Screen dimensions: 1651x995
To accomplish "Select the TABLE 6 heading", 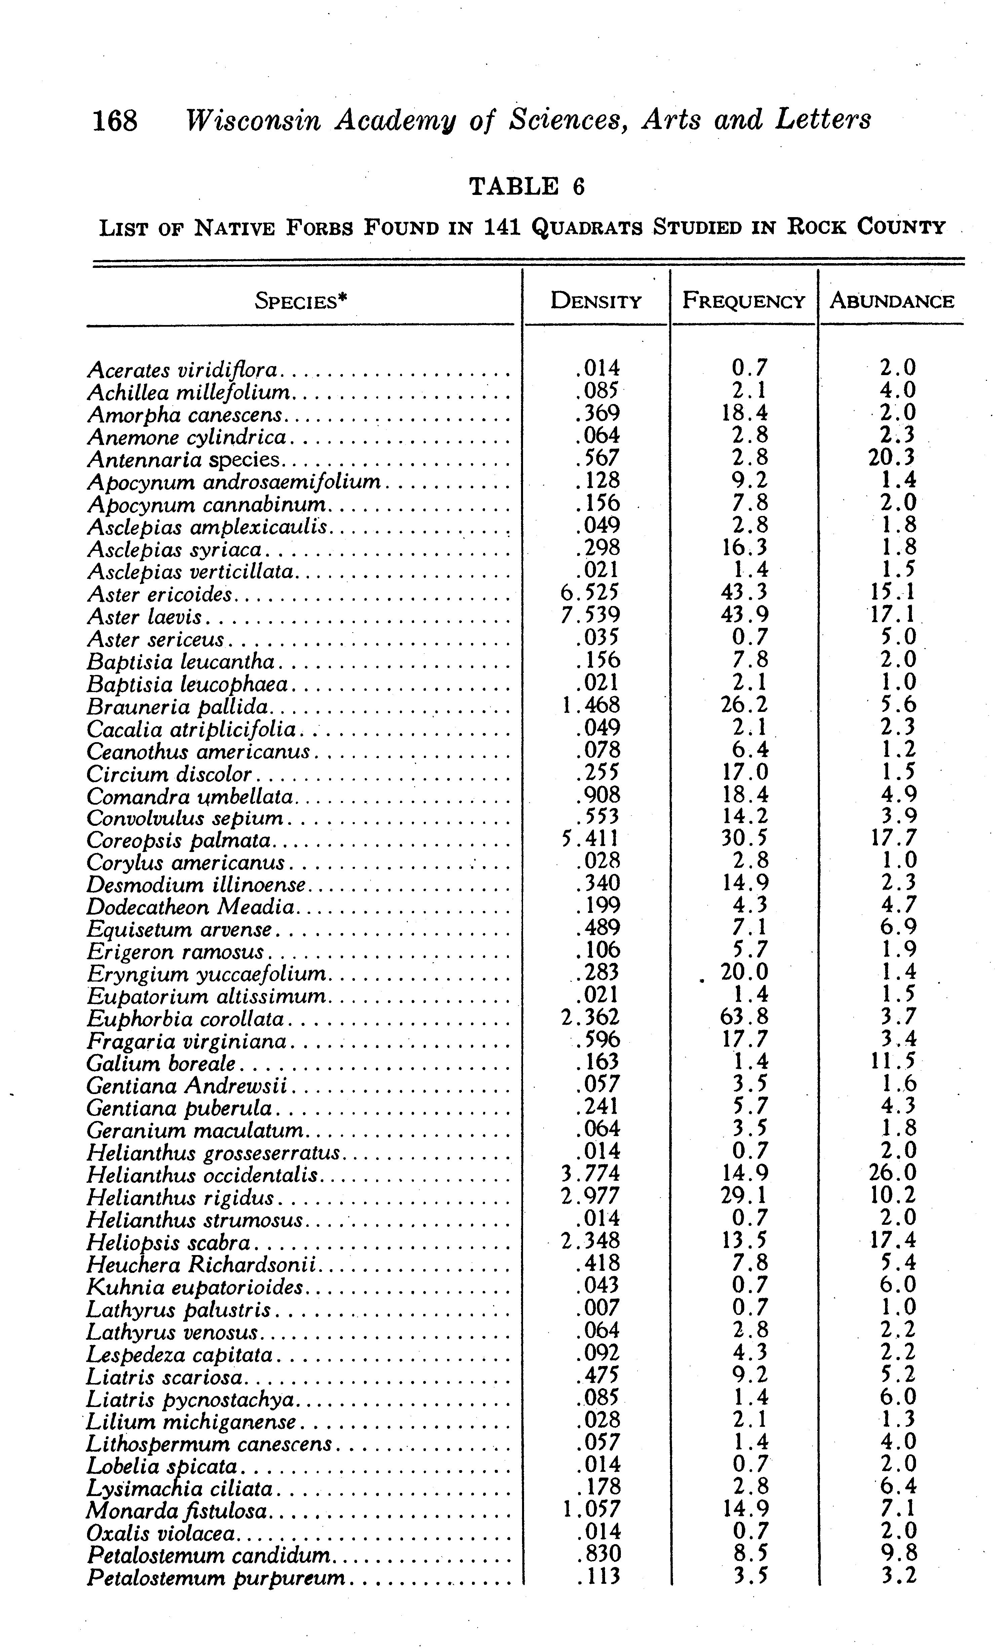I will coord(527,186).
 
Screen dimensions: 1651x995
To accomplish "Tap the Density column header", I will coord(596,301).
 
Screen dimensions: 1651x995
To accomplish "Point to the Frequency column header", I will coord(743,301).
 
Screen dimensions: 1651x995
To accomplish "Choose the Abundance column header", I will coord(891,301).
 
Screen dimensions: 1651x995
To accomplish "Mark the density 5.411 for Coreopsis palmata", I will coord(590,838).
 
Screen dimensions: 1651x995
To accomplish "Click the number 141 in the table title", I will coord(502,228).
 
